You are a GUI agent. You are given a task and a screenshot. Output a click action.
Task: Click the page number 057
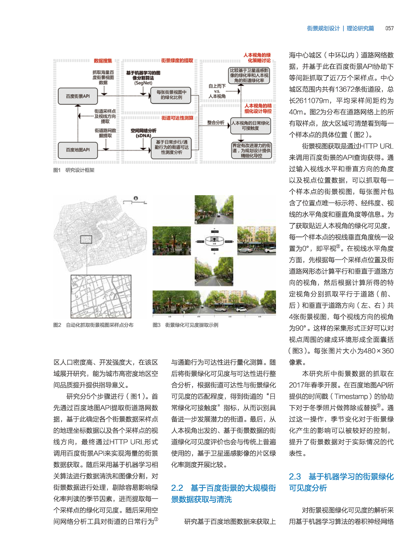(389, 28)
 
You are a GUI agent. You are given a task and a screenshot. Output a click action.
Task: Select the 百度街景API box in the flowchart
(78, 96)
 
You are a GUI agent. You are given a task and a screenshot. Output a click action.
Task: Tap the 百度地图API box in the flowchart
(78, 150)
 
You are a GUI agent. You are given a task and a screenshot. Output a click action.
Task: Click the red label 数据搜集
(103, 61)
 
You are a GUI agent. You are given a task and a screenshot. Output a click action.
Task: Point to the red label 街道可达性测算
(177, 118)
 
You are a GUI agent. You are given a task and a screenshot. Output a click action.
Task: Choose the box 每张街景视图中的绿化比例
(171, 95)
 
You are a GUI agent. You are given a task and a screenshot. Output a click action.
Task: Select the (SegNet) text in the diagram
(143, 83)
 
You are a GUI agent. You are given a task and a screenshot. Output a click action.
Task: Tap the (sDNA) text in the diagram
(143, 135)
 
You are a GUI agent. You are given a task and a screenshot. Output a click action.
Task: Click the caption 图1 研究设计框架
(74, 170)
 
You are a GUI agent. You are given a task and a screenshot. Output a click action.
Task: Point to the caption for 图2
(93, 325)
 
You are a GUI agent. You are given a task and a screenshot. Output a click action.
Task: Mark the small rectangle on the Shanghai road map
(86, 239)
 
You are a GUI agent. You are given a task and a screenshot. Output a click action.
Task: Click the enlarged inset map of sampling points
(101, 296)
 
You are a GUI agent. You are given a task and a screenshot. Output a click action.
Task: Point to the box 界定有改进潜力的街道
(251, 151)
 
